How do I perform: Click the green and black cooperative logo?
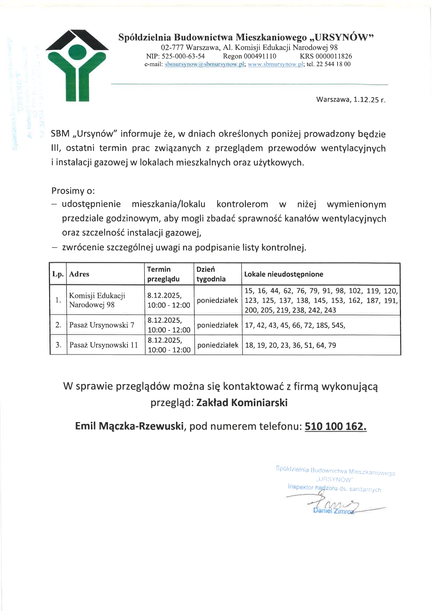(77, 66)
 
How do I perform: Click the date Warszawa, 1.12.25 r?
(351, 100)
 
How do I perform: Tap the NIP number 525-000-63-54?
(175, 56)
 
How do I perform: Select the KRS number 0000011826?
(326, 56)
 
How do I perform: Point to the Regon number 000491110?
(249, 56)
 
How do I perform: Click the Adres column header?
(79, 274)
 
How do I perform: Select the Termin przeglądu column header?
(163, 274)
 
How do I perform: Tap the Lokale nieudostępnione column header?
(284, 274)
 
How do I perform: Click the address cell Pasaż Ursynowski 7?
(102, 325)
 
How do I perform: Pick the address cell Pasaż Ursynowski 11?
(103, 345)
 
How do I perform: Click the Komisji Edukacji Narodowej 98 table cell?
(97, 300)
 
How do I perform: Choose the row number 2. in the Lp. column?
(58, 325)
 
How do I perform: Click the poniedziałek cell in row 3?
(218, 345)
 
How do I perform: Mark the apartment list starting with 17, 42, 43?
(295, 326)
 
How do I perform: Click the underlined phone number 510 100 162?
(335, 426)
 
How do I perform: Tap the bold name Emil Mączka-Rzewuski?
(130, 426)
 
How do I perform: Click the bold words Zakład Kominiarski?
(242, 403)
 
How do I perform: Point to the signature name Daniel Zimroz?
(333, 511)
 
